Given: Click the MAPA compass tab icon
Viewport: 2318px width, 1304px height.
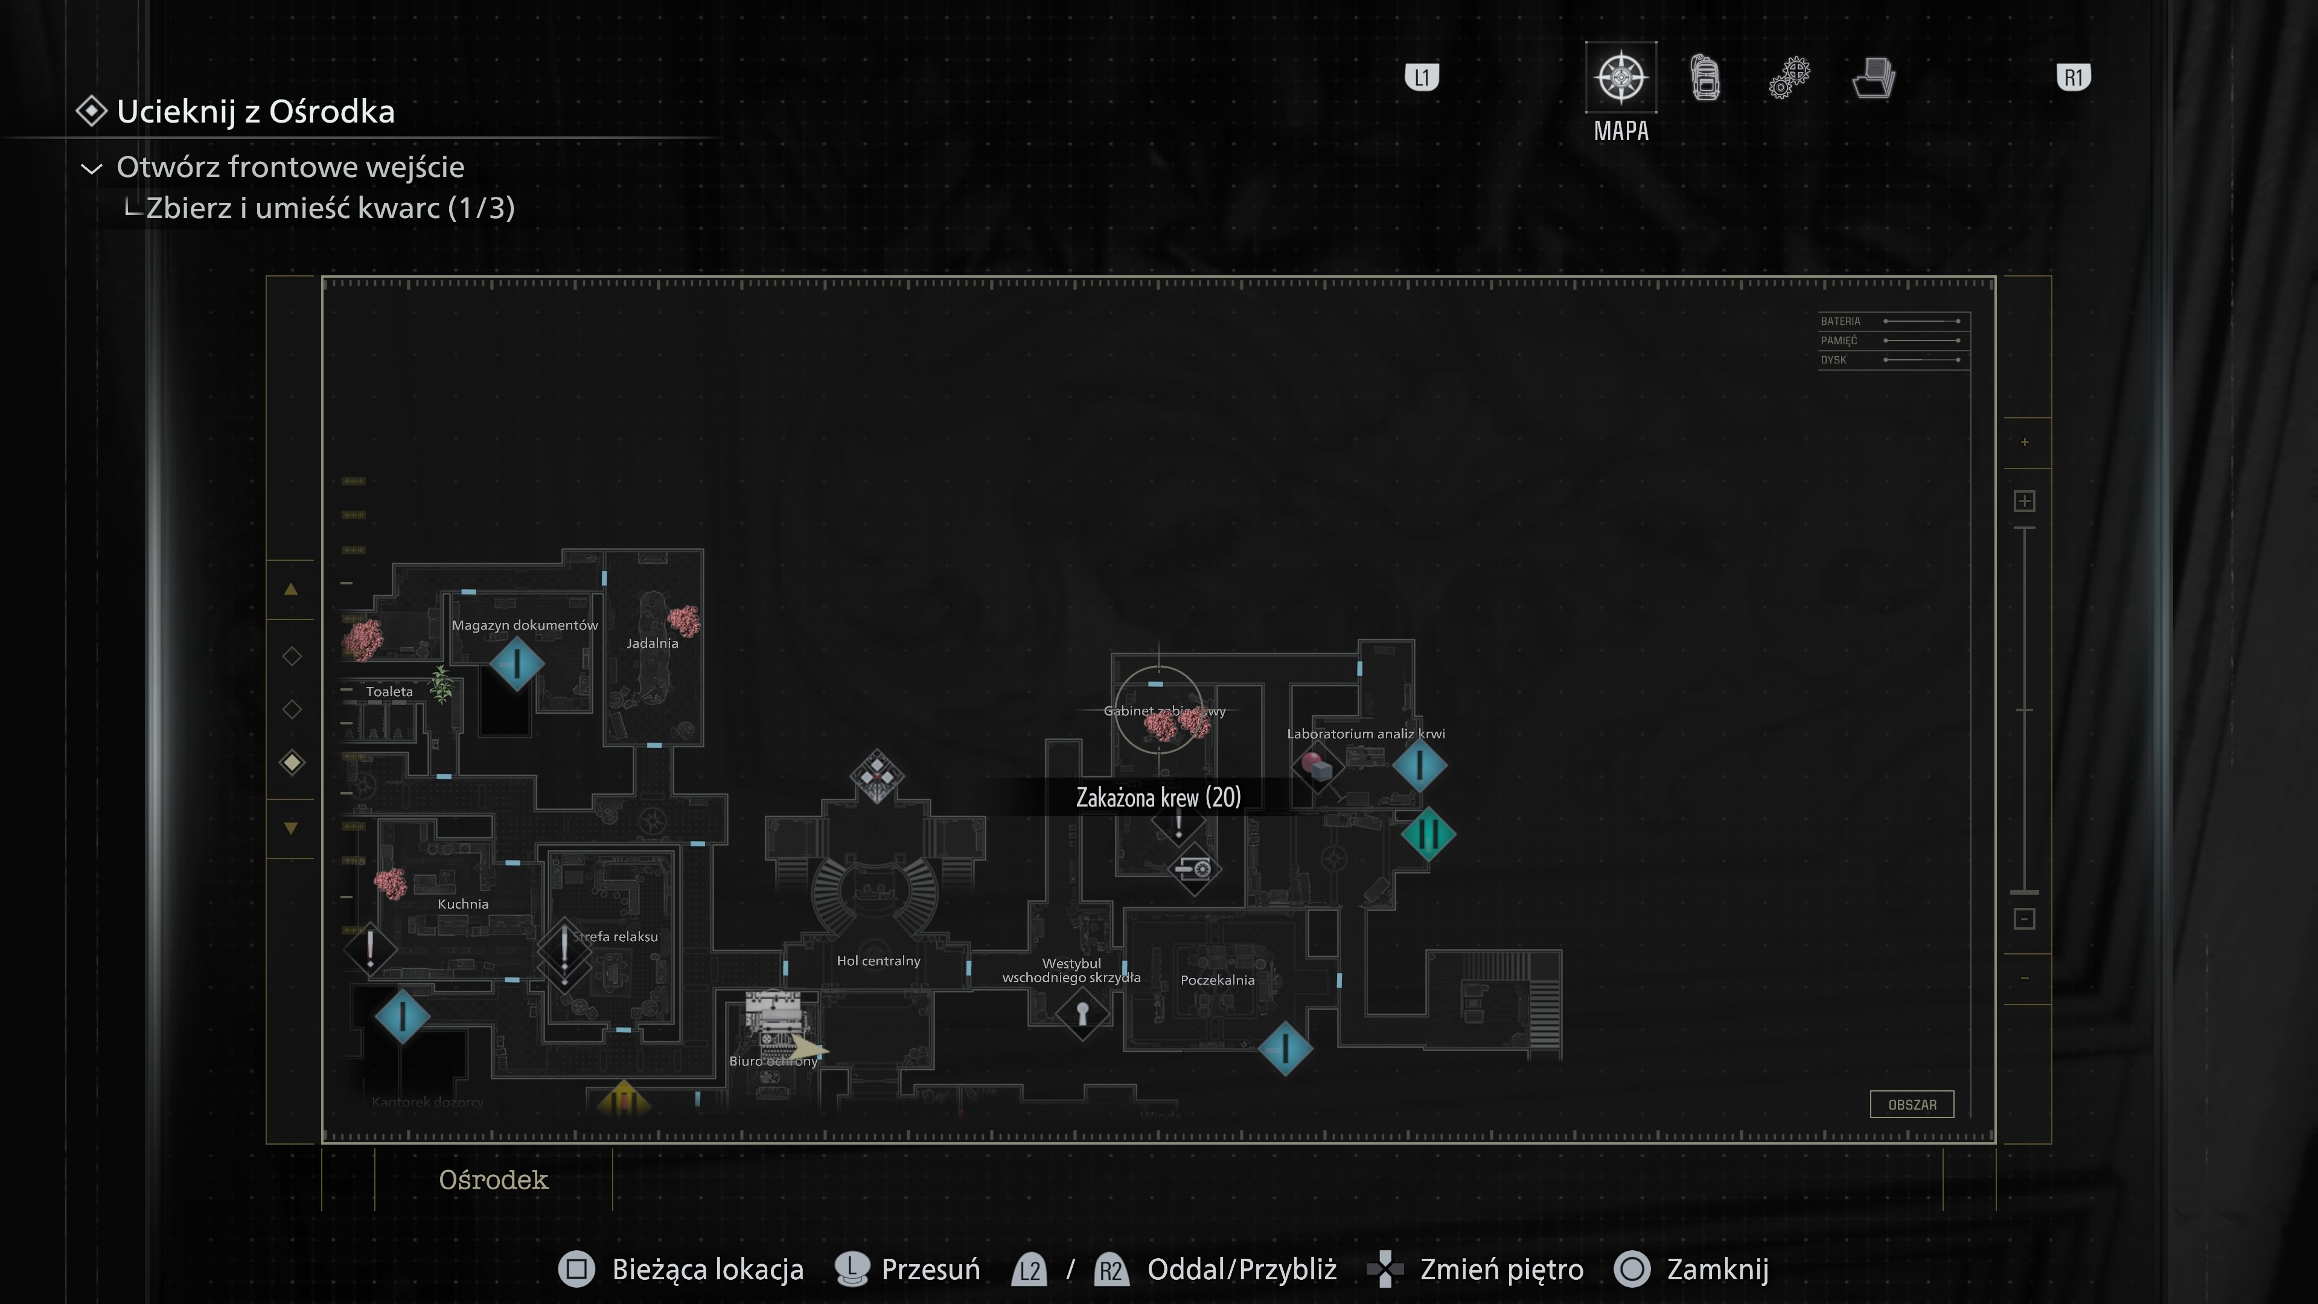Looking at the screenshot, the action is click(x=1621, y=77).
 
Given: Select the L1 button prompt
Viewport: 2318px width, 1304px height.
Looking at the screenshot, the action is click(x=1422, y=77).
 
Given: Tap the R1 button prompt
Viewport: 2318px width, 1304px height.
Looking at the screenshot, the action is click(x=2074, y=77).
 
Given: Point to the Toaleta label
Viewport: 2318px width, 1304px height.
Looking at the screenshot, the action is click(x=389, y=692).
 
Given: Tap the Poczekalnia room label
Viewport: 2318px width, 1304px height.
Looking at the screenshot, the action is click(x=1216, y=980).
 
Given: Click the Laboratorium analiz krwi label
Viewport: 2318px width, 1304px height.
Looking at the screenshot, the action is click(x=1365, y=734).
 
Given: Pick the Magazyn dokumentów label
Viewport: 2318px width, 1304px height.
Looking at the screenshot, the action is click(x=525, y=625).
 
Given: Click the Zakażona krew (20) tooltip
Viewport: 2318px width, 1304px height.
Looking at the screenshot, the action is click(x=1158, y=797).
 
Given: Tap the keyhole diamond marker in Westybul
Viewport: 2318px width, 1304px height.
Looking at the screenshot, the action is click(x=1082, y=1014).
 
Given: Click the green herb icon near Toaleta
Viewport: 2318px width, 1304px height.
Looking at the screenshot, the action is click(x=441, y=684).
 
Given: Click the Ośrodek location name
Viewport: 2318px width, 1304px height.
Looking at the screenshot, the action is click(x=493, y=1180).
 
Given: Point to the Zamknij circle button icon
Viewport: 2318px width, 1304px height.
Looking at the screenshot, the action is click(x=1632, y=1269).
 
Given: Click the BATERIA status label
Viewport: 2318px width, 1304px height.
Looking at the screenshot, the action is click(x=1840, y=321).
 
